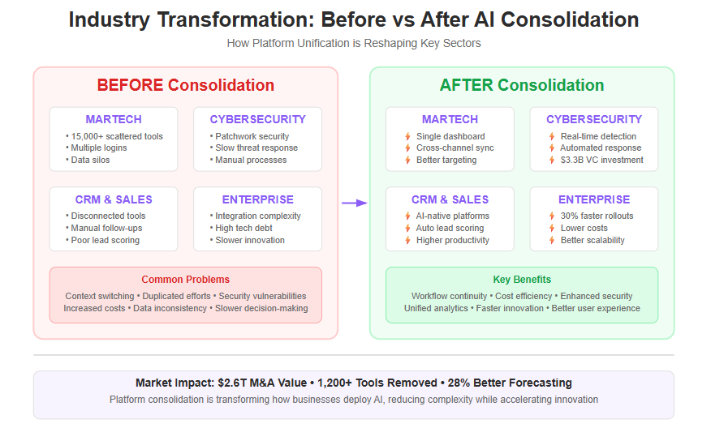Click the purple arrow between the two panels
[x=354, y=203]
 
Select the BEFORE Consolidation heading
[x=186, y=85]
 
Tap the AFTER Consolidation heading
[x=522, y=85]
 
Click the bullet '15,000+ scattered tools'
[x=117, y=136]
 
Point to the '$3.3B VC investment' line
[x=601, y=160]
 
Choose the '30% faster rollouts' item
[x=597, y=216]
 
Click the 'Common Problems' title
[x=186, y=280]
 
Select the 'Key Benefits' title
[x=522, y=280]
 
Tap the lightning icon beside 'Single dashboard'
[x=407, y=136]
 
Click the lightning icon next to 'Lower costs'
[x=552, y=228]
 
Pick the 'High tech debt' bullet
[x=244, y=228]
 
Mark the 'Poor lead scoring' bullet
[x=105, y=240]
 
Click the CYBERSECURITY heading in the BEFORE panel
[x=258, y=119]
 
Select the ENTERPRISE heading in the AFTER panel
[x=594, y=199]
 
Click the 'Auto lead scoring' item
[x=450, y=228]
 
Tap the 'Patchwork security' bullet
[x=252, y=136]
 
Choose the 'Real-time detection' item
[x=598, y=136]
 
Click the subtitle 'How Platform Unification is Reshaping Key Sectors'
[x=354, y=43]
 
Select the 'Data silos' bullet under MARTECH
[x=90, y=160]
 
